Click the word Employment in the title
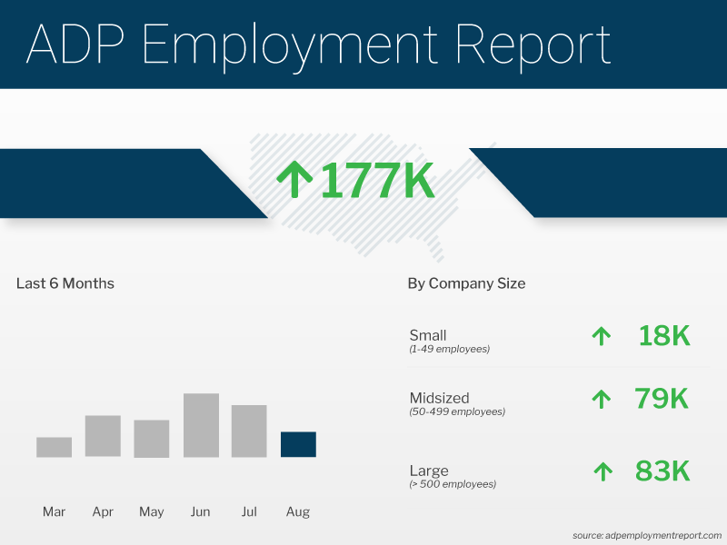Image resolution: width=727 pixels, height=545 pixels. pyautogui.click(x=291, y=45)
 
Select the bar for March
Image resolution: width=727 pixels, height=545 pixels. pyautogui.click(x=54, y=447)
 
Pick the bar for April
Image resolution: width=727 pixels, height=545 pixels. pyautogui.click(x=103, y=436)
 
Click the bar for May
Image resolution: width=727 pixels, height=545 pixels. pyautogui.click(x=152, y=439)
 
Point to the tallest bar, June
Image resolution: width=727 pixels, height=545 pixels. pyautogui.click(x=201, y=425)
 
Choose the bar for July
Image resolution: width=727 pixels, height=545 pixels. pyautogui.click(x=249, y=431)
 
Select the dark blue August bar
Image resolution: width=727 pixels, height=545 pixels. pyautogui.click(x=298, y=444)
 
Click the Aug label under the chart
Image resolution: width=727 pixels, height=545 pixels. pyautogui.click(x=298, y=512)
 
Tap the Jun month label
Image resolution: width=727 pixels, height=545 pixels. pyautogui.click(x=201, y=512)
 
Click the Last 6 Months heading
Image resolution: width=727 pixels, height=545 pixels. pyautogui.click(x=65, y=283)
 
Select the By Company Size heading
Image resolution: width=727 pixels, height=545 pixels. pyautogui.click(x=466, y=283)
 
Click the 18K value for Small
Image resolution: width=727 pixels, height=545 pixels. pyautogui.click(x=663, y=336)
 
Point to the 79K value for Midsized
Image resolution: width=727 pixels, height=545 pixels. pyautogui.click(x=662, y=398)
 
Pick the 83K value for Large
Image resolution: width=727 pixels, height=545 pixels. pyautogui.click(x=662, y=471)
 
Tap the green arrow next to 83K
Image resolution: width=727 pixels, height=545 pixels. pyautogui.click(x=602, y=471)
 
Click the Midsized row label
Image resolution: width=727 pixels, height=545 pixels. pyautogui.click(x=440, y=397)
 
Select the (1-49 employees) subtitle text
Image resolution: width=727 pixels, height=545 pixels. pyautogui.click(x=450, y=350)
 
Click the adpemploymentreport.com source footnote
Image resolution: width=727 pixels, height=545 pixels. pyautogui.click(x=647, y=535)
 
